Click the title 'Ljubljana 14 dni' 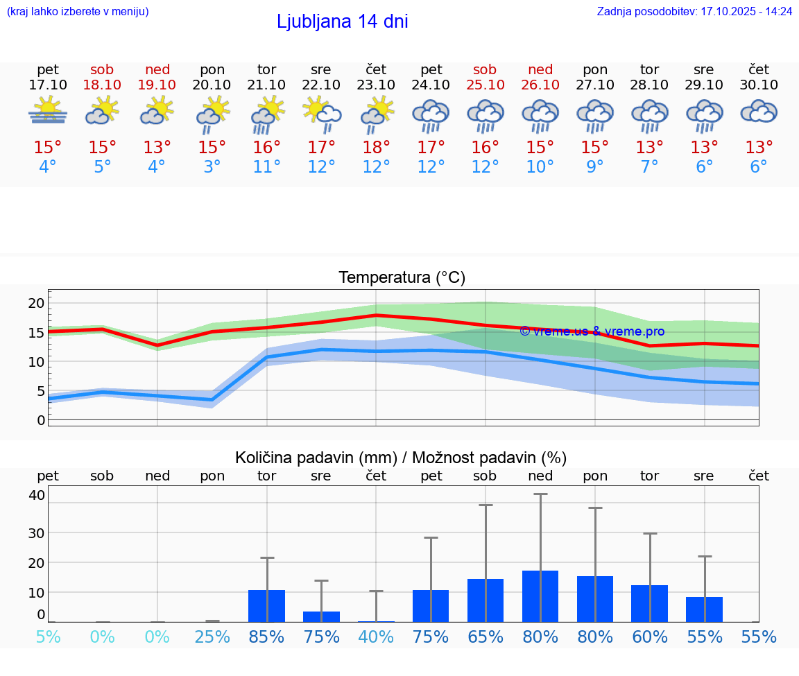[342, 21]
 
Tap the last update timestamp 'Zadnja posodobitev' [694, 12]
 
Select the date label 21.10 [266, 85]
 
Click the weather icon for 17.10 [47, 111]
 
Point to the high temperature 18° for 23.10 [376, 148]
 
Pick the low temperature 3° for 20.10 [212, 167]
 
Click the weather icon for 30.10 [759, 112]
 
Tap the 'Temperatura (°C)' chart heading [402, 278]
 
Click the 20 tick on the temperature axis [36, 303]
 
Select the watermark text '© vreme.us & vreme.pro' [592, 331]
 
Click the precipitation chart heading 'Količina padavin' [401, 458]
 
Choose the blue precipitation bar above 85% [266, 606]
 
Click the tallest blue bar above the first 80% [540, 596]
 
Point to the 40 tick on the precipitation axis [36, 495]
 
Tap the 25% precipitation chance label [212, 636]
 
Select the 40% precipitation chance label [376, 636]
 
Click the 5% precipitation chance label [47, 636]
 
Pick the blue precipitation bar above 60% [649, 603]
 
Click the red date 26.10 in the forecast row [540, 85]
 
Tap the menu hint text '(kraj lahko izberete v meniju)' [77, 12]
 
